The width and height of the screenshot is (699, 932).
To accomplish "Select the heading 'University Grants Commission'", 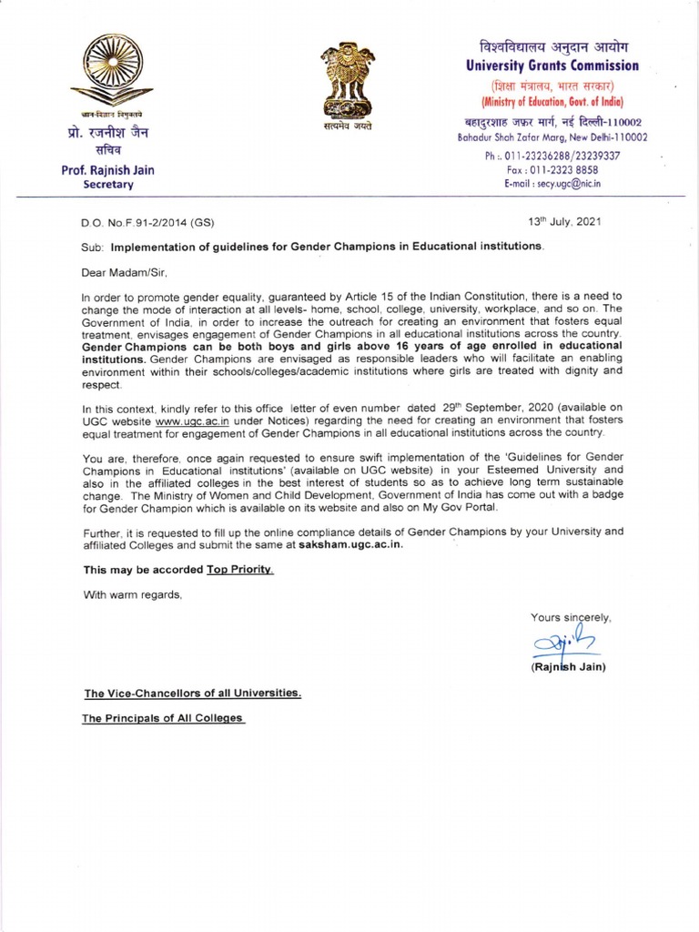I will tap(552, 66).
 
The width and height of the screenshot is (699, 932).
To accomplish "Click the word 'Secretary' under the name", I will tap(108, 184).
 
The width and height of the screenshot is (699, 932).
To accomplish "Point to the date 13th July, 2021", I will tap(563, 220).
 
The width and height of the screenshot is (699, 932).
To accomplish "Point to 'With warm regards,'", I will tap(133, 595).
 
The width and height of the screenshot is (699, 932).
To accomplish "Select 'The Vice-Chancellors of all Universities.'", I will tap(193, 693).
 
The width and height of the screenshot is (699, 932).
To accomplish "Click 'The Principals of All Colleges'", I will tap(164, 718).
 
